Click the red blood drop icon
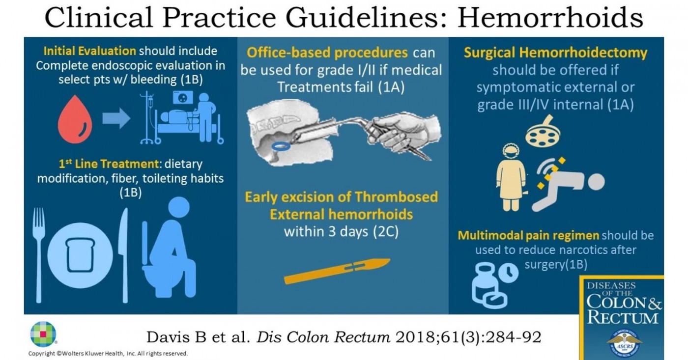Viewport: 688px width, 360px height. tap(75, 120)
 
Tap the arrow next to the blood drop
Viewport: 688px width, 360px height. tap(116, 118)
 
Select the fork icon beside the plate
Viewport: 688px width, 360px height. tap(39, 255)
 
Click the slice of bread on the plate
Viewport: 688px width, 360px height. tap(81, 255)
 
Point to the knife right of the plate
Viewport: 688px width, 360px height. tap(123, 255)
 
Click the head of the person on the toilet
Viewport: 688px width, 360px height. tap(179, 207)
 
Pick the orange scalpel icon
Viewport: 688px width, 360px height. tap(337, 271)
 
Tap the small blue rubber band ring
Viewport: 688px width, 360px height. tap(281, 146)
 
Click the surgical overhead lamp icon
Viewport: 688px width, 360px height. tap(543, 132)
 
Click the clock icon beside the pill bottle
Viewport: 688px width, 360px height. tap(508, 272)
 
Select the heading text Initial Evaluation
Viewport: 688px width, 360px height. tap(89, 51)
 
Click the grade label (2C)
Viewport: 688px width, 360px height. tap(386, 232)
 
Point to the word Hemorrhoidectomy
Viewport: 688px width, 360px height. tap(583, 53)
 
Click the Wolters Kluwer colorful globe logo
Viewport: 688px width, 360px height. tap(43, 334)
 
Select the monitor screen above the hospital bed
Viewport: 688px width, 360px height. tap(183, 98)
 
